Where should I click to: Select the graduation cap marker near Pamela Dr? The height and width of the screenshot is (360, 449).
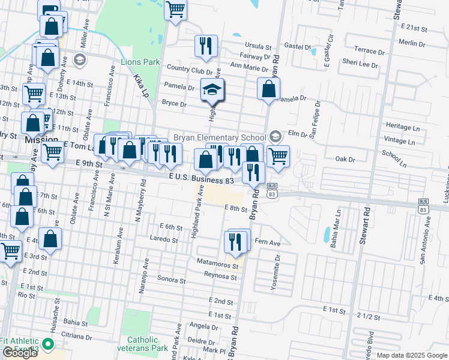[x=212, y=91]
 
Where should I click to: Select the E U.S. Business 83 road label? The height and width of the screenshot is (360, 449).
[x=201, y=179]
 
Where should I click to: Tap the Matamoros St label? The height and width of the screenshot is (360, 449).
[x=217, y=262]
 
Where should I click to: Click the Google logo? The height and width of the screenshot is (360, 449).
[x=20, y=353]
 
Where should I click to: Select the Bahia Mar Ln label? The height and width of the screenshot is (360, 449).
[x=339, y=227]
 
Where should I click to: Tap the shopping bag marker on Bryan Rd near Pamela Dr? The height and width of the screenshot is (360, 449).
[x=268, y=89]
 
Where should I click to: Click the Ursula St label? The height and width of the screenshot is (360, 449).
[x=259, y=45]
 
